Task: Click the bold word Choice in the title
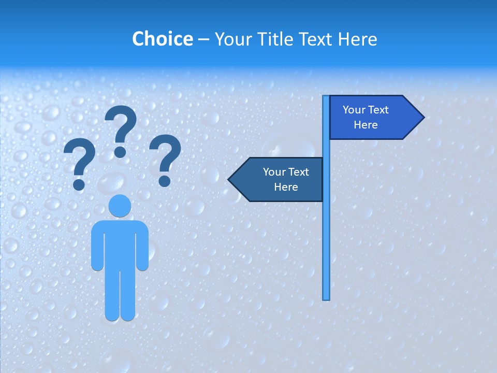click(162, 39)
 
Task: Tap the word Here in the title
click(357, 39)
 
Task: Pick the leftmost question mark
click(79, 163)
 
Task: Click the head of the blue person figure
click(120, 206)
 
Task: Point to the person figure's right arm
click(142, 246)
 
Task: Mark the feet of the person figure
click(120, 315)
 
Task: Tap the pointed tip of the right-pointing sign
click(422, 118)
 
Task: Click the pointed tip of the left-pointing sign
click(230, 179)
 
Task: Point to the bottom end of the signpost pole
click(326, 297)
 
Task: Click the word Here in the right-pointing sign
click(366, 125)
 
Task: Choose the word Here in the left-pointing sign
click(286, 187)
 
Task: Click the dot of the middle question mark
click(120, 152)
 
